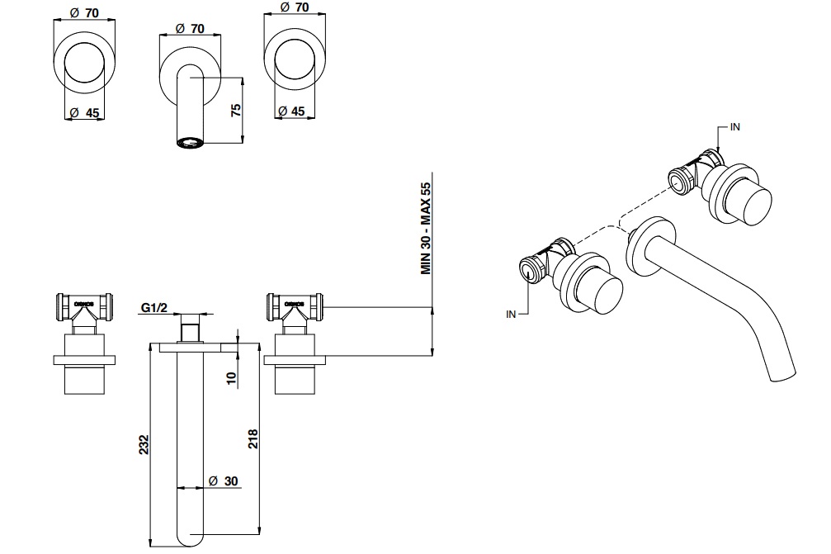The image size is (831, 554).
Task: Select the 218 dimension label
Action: click(253, 438)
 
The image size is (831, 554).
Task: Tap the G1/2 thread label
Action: click(154, 308)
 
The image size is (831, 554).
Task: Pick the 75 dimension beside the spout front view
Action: click(234, 110)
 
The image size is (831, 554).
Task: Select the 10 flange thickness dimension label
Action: click(232, 378)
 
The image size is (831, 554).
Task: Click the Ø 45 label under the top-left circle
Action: click(85, 111)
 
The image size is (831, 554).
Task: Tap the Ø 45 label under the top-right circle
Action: click(291, 111)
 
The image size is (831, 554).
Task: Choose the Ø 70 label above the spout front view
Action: click(190, 27)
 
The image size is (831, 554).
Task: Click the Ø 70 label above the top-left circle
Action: click(85, 12)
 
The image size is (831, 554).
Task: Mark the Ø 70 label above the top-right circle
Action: click(295, 7)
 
